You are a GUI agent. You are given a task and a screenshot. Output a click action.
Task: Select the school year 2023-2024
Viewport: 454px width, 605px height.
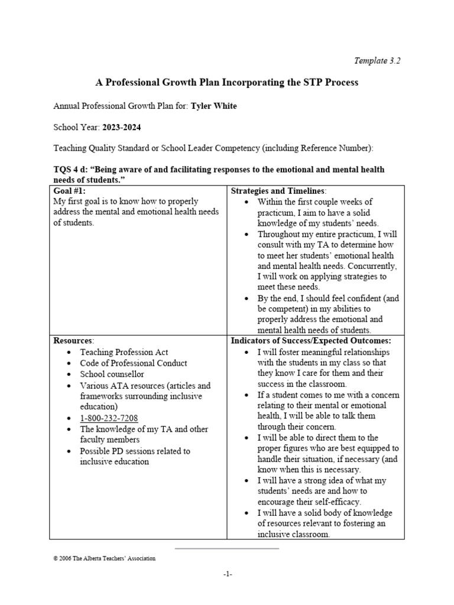coord(122,126)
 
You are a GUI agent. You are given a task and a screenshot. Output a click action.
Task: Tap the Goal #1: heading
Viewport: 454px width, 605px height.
coord(70,190)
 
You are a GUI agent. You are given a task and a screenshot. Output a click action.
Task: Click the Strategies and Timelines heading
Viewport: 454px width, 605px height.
coord(278,190)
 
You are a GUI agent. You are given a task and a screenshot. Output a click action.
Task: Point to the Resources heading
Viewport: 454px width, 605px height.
coord(73,341)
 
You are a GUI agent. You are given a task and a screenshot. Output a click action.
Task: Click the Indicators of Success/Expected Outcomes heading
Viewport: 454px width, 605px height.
coord(310,341)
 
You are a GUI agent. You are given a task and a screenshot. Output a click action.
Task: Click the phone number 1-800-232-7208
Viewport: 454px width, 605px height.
coord(109,418)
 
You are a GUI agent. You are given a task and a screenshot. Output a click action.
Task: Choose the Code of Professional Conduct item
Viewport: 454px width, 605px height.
coord(134,363)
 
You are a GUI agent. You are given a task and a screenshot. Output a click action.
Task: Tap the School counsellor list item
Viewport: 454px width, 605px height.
coord(112,375)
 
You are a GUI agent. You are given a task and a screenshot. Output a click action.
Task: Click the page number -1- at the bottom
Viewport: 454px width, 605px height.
coord(228,575)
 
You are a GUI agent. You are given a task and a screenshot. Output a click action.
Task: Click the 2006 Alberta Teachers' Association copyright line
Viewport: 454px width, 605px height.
coord(105,558)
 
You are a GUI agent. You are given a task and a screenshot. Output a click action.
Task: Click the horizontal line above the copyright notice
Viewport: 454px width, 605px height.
coord(227,549)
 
